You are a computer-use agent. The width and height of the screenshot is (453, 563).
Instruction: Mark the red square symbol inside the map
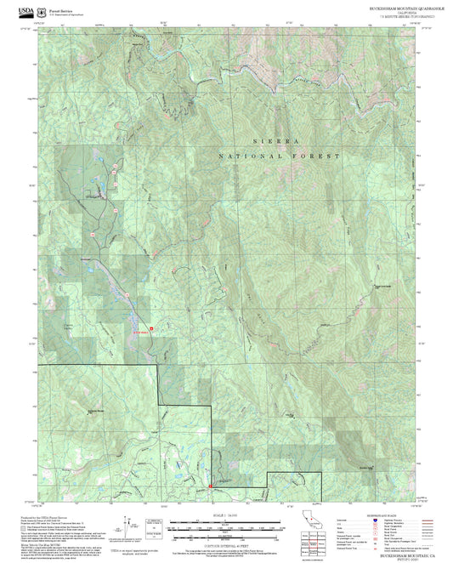point(152,328)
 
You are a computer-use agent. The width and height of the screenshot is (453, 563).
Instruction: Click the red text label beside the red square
point(140,333)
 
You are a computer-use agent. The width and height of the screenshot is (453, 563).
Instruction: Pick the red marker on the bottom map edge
point(210,486)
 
